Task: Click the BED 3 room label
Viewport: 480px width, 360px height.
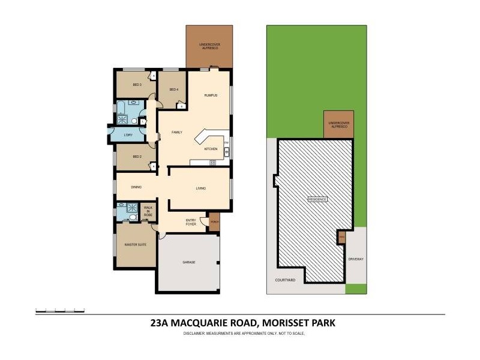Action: [136, 85]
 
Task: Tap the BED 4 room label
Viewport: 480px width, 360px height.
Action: [174, 89]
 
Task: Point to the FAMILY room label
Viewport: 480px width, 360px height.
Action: [177, 132]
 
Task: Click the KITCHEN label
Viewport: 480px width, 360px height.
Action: [211, 148]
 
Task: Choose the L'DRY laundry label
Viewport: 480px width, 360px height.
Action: [128, 135]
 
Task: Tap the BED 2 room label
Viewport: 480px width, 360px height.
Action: [137, 157]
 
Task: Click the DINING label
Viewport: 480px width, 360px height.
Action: [136, 188]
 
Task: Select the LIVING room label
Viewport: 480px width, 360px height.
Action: [201, 188]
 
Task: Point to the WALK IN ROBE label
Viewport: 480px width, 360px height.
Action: [148, 211]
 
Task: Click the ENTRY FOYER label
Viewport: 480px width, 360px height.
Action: [191, 222]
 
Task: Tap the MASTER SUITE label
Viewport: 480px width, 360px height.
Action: [135, 244]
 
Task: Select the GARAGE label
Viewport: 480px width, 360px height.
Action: [190, 262]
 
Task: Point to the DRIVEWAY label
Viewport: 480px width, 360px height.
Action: [356, 259]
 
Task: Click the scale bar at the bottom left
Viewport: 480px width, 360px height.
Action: [60, 310]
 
